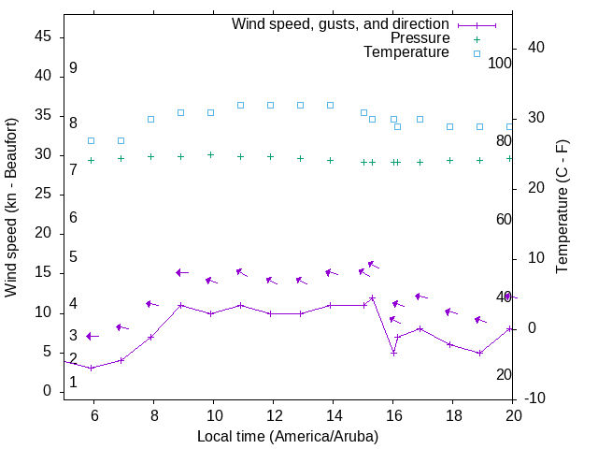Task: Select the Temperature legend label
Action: (x=406, y=53)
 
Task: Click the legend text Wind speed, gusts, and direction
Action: (x=340, y=23)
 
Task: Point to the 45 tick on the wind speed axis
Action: (x=43, y=36)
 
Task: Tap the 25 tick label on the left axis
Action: (x=43, y=195)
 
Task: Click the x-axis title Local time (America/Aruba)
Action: (x=288, y=436)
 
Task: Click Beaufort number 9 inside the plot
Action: (x=73, y=68)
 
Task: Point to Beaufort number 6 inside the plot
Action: (x=73, y=218)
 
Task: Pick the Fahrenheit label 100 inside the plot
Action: (x=500, y=63)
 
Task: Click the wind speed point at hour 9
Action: (x=180, y=305)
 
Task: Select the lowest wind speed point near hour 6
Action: (x=91, y=368)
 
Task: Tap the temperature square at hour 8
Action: (x=150, y=119)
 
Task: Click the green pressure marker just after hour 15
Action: (x=372, y=162)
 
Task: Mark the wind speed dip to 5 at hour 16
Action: (x=393, y=353)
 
